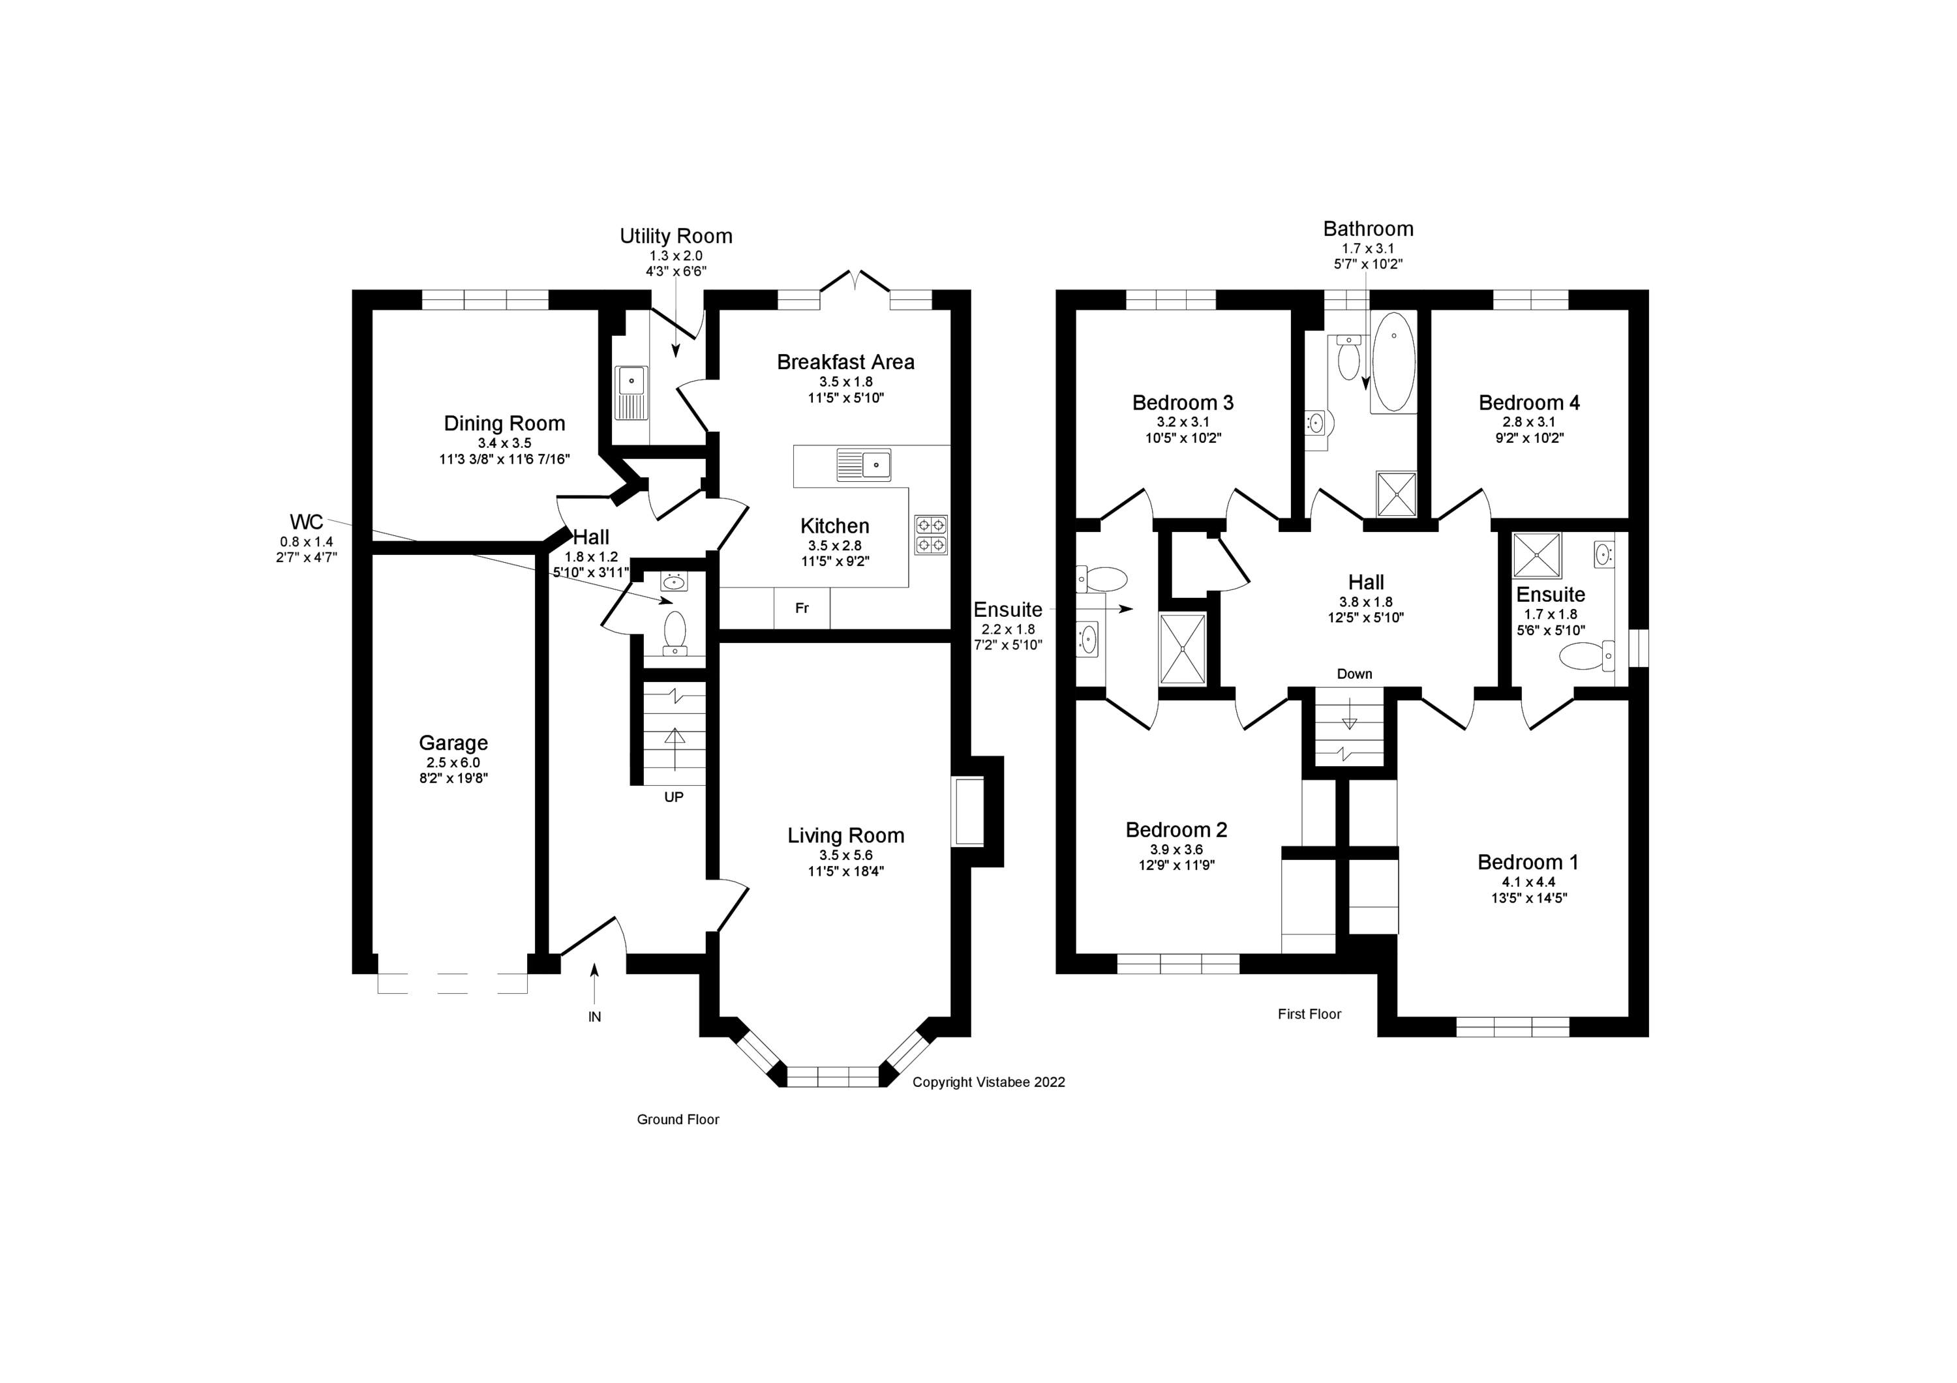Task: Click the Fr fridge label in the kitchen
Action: coord(801,608)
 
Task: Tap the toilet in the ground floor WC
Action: coord(675,631)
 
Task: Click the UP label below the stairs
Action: coord(673,797)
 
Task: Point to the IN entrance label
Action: coord(594,1017)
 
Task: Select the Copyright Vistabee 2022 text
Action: coord(989,1082)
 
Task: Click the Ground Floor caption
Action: coord(678,1120)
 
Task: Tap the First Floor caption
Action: coord(1309,1014)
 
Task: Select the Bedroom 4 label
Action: coord(1529,403)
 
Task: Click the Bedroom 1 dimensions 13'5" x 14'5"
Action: coord(1528,898)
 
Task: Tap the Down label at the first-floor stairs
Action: coord(1354,674)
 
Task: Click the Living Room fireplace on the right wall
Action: coord(967,811)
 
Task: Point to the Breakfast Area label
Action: coord(845,362)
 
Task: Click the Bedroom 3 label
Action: coord(1183,403)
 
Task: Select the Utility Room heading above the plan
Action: coord(676,236)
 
